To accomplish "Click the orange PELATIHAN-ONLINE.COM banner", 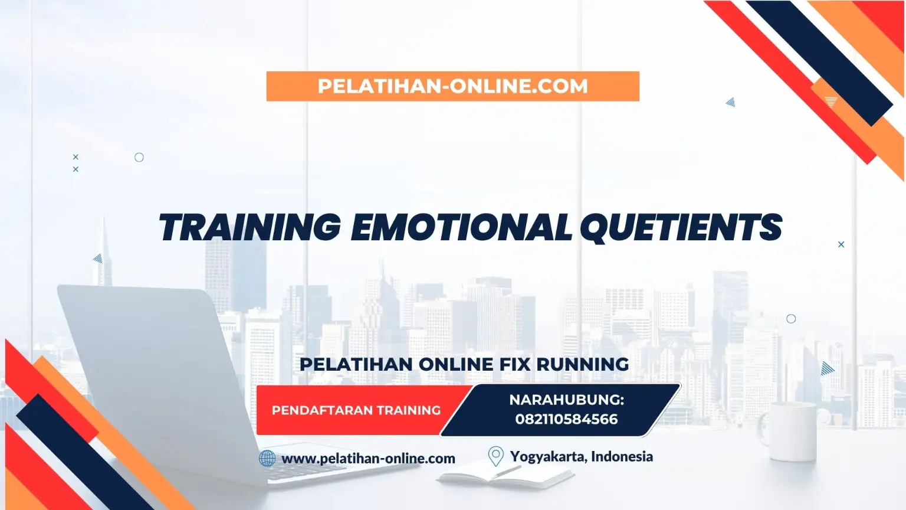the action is [452, 86].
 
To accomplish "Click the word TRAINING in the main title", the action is [250, 227].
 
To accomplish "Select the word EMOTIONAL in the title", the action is [461, 227].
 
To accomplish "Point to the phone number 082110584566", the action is [566, 419].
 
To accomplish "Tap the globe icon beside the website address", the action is [267, 459].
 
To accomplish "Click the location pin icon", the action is [496, 456].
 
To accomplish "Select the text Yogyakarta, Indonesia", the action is [581, 456].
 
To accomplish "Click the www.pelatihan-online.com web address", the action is [369, 459].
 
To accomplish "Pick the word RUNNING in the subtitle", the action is [583, 364].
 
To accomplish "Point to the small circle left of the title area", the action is [139, 158].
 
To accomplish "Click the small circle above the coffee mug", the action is [791, 319].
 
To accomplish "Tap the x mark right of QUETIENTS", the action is [841, 244].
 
